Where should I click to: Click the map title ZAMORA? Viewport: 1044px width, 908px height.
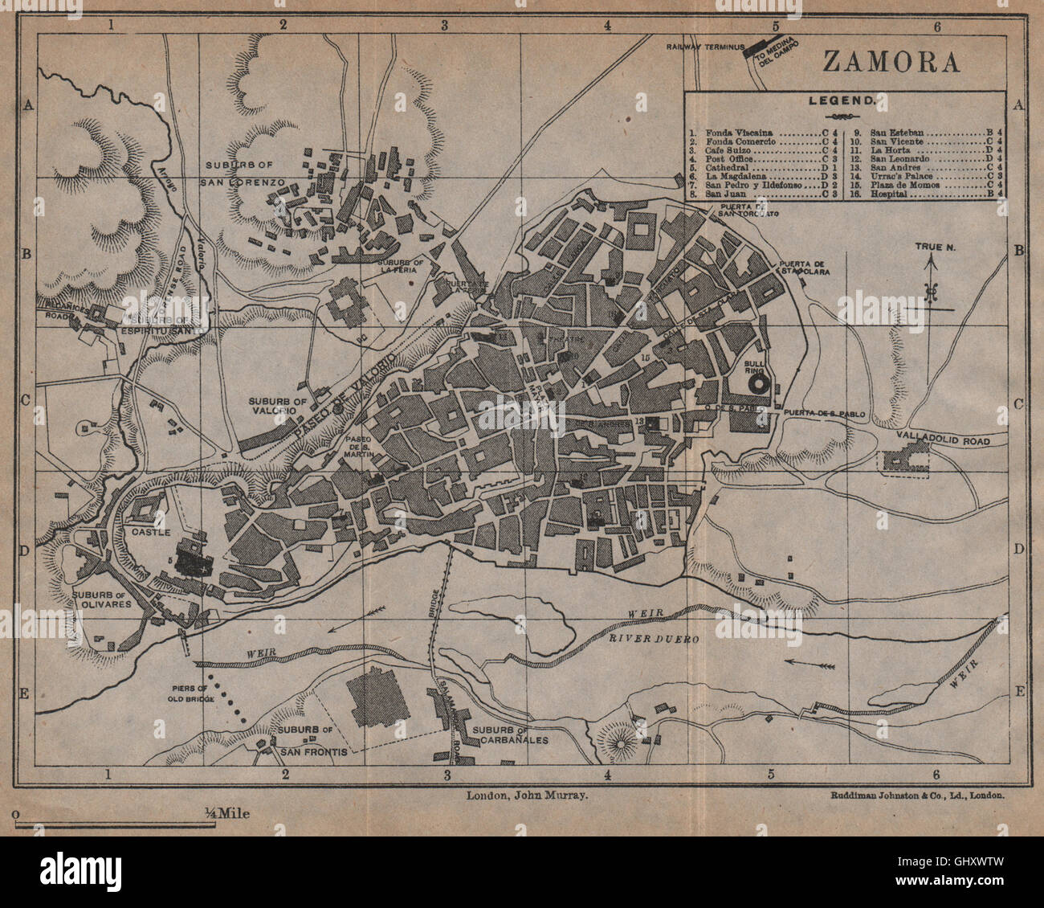891,63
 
